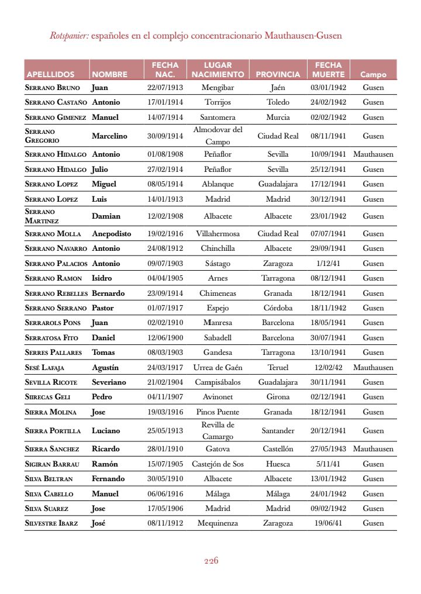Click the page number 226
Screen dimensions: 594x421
tap(211, 561)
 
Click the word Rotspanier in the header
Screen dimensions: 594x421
tap(69, 36)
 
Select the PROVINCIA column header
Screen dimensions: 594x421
tap(278, 74)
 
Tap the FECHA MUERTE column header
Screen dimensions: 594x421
tap(328, 70)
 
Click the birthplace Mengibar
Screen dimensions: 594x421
tap(218, 88)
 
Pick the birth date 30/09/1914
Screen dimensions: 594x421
tap(165, 136)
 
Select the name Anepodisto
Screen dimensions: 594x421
tap(112, 234)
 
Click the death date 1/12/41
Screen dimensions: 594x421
tap(328, 264)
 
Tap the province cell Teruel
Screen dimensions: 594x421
tap(278, 368)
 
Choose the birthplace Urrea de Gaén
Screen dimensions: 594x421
tap(218, 368)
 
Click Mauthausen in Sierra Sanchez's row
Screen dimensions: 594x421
tap(373, 449)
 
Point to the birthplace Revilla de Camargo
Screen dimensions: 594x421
tap(218, 431)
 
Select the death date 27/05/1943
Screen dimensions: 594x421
tap(328, 449)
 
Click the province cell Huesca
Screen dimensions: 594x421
tap(278, 464)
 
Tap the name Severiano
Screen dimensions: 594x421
tap(109, 382)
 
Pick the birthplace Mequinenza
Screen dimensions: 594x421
tap(218, 523)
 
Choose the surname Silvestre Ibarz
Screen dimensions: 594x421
tap(51, 523)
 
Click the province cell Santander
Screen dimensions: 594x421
tap(278, 431)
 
